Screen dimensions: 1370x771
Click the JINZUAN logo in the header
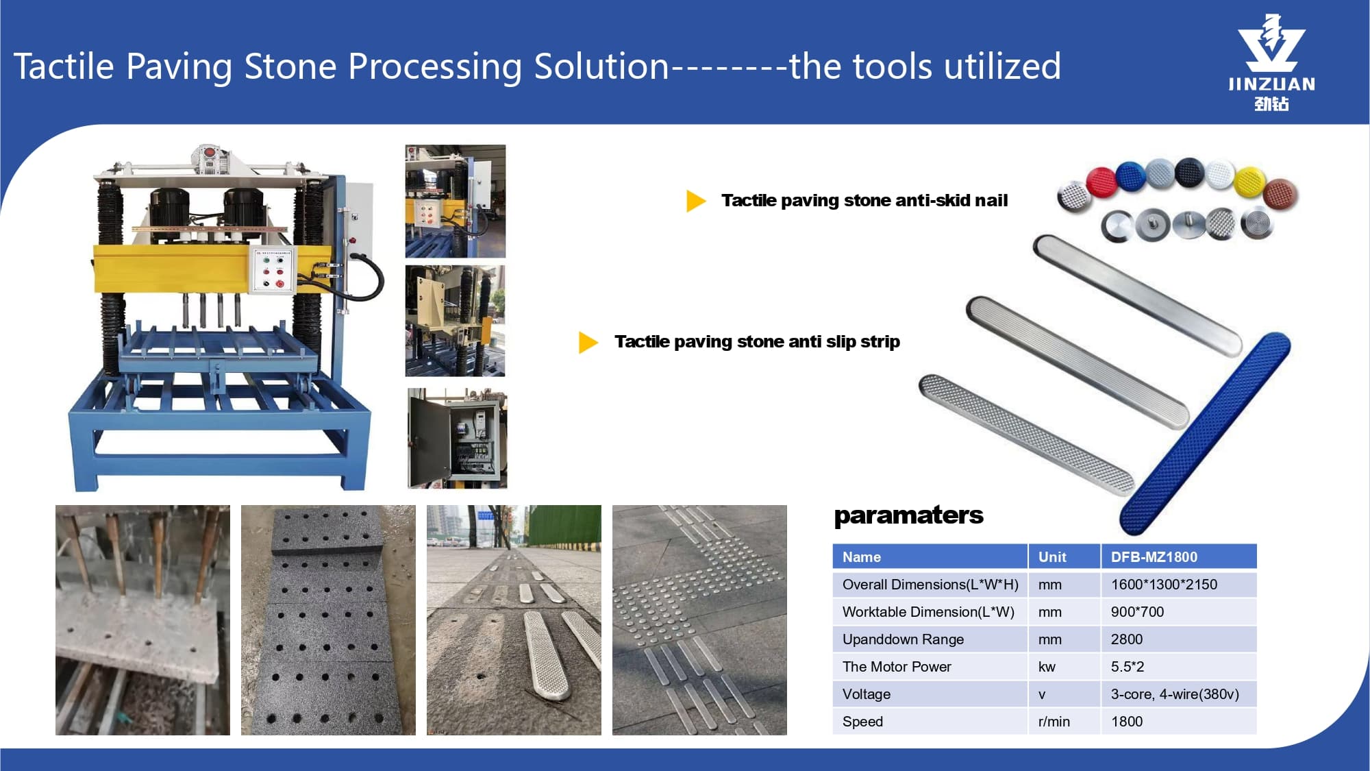point(1271,62)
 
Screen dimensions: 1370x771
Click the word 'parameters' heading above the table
point(908,515)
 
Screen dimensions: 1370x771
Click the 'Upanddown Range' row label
point(903,639)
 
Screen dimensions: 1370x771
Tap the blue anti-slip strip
point(1205,433)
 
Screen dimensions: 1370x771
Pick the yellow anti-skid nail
point(1249,182)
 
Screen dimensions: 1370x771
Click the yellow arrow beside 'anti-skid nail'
point(695,201)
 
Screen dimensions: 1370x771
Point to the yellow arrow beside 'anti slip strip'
point(588,342)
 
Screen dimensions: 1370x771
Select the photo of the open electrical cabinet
point(458,439)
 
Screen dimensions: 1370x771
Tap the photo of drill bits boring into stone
point(142,620)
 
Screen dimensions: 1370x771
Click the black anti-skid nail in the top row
point(1190,173)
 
